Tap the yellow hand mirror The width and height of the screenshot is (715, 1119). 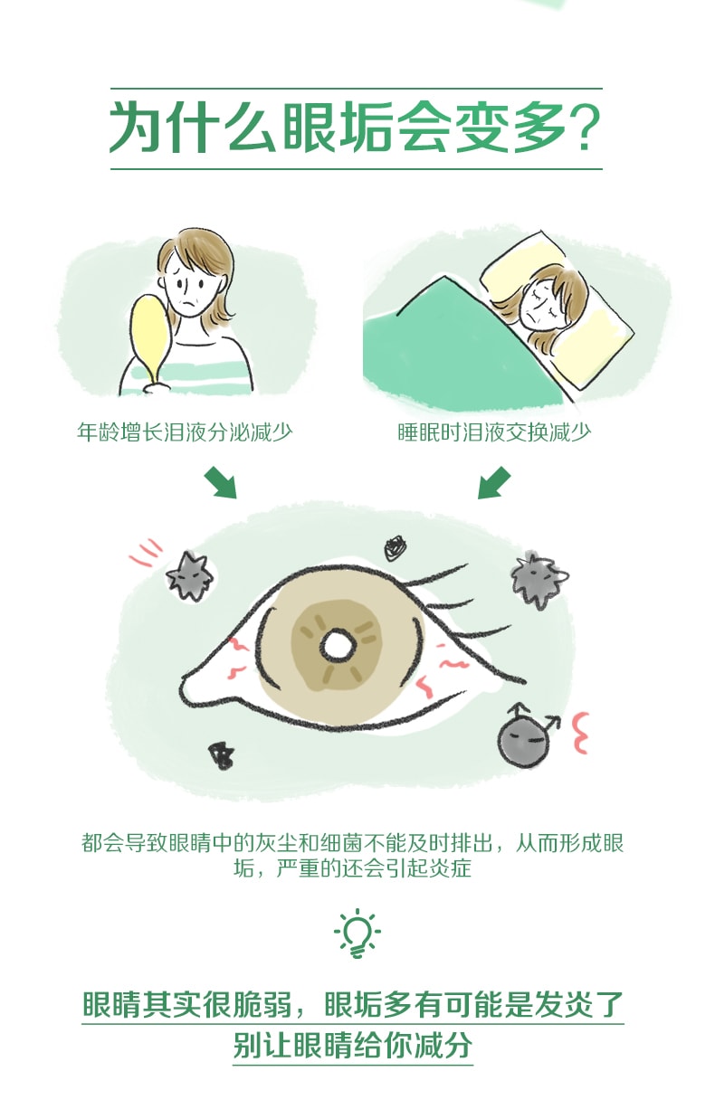(x=151, y=336)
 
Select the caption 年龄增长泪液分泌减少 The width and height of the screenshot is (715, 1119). (x=185, y=432)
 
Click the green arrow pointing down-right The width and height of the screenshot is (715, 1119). (x=220, y=482)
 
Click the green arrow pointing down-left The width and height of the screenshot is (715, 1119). (x=494, y=482)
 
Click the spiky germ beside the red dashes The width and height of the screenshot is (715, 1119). (x=189, y=575)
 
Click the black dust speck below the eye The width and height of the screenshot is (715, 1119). (x=221, y=755)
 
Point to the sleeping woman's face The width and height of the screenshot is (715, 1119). (x=544, y=302)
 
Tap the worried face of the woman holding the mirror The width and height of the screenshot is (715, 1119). (x=188, y=289)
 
